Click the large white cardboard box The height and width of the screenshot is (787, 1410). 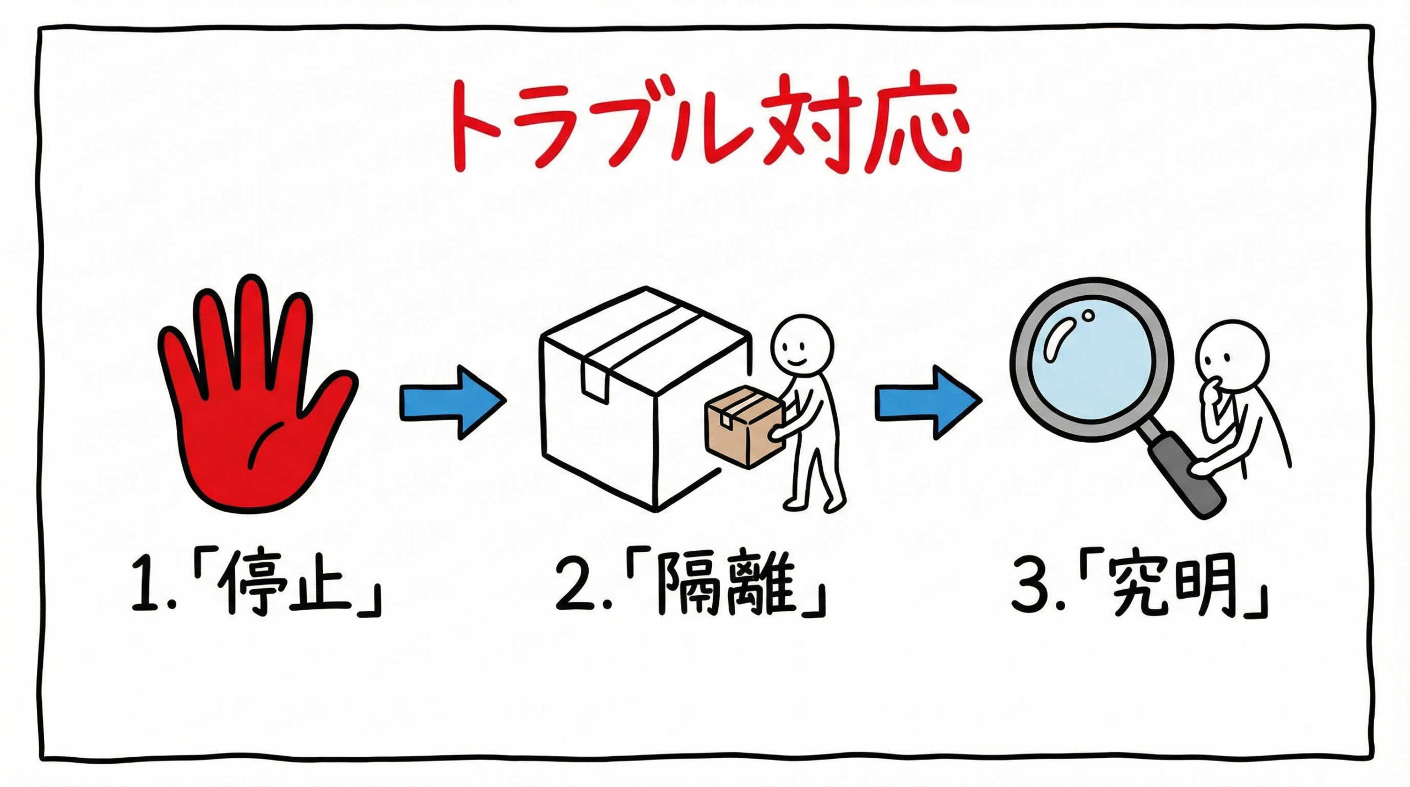(x=633, y=402)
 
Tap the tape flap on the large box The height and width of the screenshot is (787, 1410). (x=595, y=380)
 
